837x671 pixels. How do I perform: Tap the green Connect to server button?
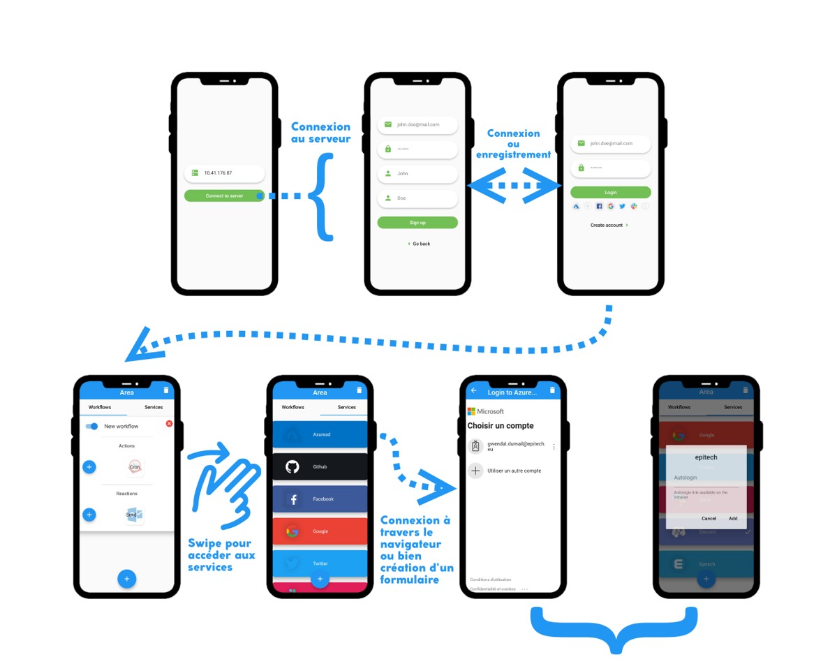(x=224, y=196)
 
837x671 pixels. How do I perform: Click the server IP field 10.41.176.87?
(x=224, y=172)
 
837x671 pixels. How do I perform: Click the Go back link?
(x=419, y=244)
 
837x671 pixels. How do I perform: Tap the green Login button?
(x=610, y=192)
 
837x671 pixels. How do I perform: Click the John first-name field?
(x=417, y=173)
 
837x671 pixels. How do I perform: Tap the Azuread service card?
(x=320, y=434)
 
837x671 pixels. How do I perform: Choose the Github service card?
(x=320, y=466)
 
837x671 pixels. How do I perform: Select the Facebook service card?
(x=320, y=499)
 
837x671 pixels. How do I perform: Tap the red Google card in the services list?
(x=320, y=531)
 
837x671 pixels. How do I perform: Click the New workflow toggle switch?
(x=91, y=426)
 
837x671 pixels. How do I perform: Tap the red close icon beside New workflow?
(x=169, y=424)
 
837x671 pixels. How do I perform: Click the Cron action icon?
(x=135, y=466)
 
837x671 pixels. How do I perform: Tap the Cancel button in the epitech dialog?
(x=709, y=518)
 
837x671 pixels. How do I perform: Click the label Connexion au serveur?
(x=320, y=133)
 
